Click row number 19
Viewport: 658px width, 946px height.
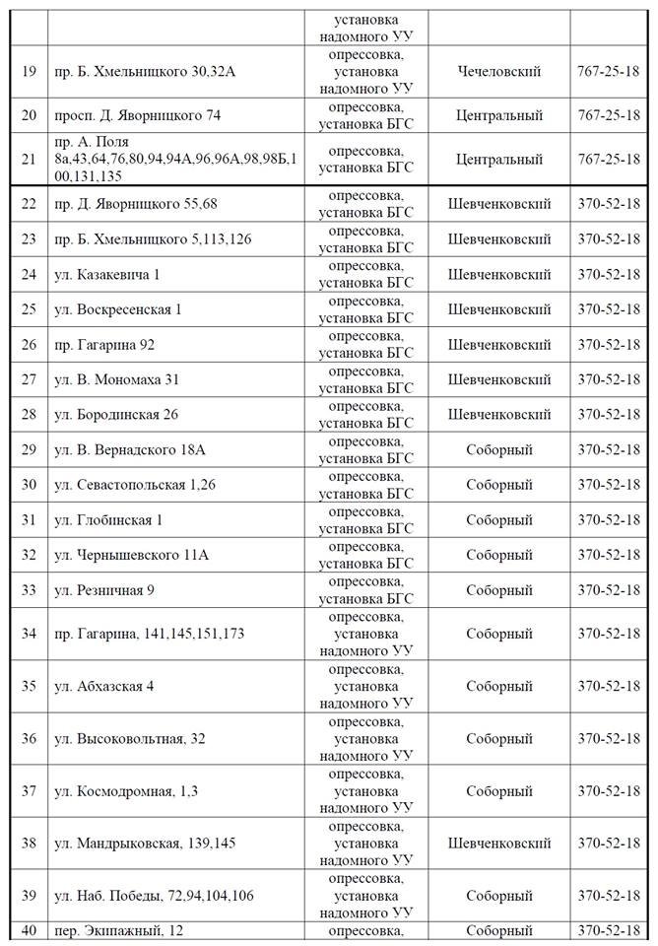(x=29, y=72)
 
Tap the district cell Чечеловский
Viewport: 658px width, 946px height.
(x=499, y=72)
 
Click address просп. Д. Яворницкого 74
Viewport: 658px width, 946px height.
(x=138, y=115)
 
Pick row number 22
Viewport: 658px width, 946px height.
(x=29, y=204)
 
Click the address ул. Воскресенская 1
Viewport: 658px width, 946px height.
(x=118, y=309)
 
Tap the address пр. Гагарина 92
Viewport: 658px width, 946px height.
(x=104, y=345)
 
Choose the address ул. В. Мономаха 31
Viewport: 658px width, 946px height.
(x=117, y=379)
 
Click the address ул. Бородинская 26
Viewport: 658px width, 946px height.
(x=116, y=415)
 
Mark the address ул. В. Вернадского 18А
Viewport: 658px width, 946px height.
(x=129, y=450)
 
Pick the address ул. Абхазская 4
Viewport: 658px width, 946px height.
(x=103, y=686)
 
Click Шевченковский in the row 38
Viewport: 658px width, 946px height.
(x=499, y=844)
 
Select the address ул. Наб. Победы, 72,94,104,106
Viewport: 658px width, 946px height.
(x=154, y=896)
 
